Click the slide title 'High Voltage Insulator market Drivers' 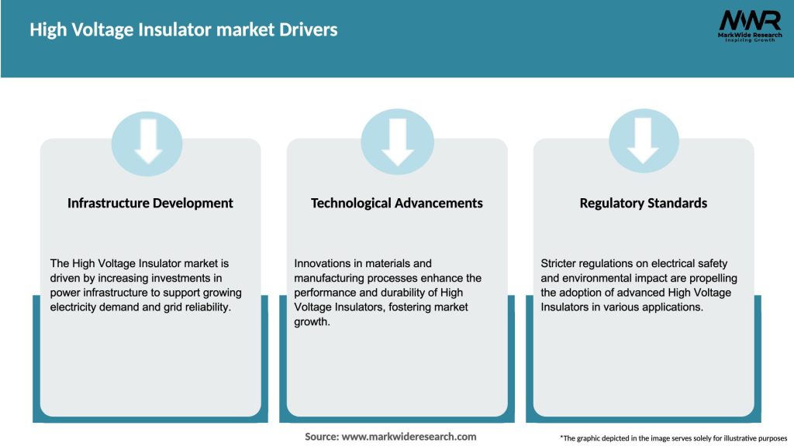pos(184,30)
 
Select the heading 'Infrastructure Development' pos(150,203)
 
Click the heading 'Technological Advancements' pos(396,203)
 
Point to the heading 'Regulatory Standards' pos(644,203)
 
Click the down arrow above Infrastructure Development pos(147,142)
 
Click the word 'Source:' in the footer pos(322,437)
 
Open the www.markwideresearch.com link pos(409,437)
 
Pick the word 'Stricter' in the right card pos(561,263)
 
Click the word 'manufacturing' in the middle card pos(331,278)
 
